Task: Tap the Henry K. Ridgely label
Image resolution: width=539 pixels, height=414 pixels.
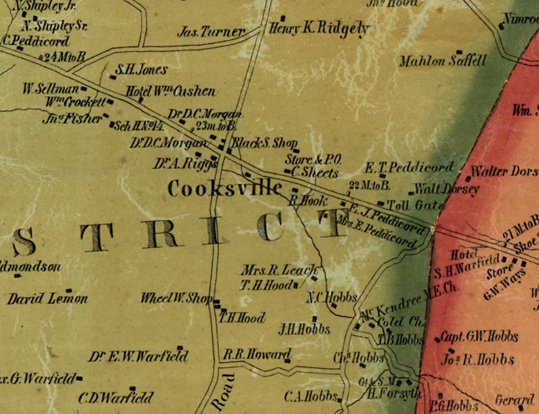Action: coord(319,29)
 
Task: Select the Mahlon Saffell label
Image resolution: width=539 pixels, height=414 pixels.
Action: coord(443,61)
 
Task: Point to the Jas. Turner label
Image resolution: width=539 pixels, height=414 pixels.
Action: coord(211,31)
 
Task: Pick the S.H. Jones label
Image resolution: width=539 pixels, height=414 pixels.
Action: coord(141,70)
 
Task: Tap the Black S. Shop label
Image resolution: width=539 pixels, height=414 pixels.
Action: coord(266,143)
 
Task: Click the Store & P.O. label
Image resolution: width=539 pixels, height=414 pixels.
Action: coord(314,159)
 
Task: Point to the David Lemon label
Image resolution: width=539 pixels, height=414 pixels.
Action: coord(48,299)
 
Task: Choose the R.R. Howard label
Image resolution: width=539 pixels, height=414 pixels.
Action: coord(256,355)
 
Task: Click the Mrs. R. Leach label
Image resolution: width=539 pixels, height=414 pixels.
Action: coord(279,269)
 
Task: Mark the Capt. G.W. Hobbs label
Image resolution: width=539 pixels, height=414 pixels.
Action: coord(479,337)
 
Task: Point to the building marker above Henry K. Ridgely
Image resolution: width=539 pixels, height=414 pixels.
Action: coord(283,18)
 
